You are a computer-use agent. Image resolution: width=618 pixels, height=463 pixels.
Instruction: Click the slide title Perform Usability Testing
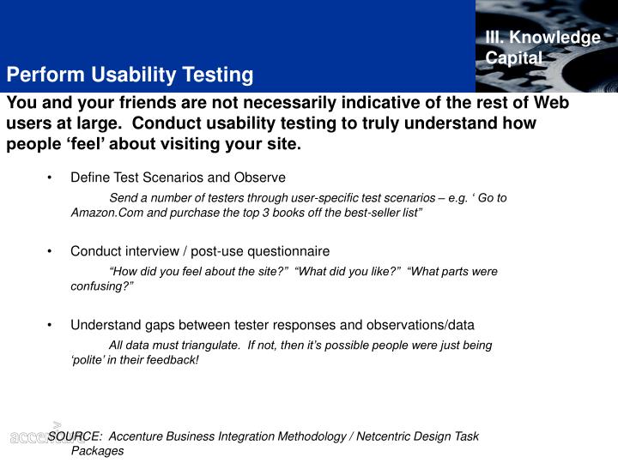(x=130, y=75)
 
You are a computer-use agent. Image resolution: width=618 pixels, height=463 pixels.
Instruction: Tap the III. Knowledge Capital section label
(x=542, y=48)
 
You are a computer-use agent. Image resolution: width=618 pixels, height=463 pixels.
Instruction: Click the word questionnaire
(x=289, y=251)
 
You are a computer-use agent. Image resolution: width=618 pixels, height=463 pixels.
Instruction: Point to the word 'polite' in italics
(x=88, y=360)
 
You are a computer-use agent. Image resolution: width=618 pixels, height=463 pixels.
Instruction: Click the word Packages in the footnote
(x=97, y=450)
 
